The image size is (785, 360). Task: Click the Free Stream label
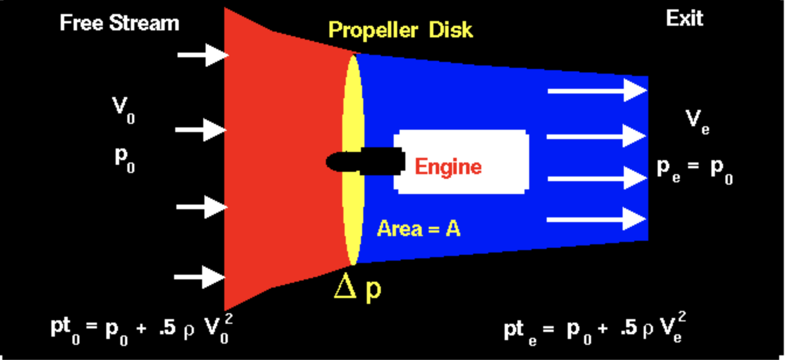click(119, 23)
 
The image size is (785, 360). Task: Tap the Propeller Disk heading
click(400, 30)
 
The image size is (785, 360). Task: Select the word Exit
click(685, 19)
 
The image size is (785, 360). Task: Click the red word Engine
click(448, 167)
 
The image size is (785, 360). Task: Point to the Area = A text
click(419, 229)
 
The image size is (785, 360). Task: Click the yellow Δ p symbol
click(357, 289)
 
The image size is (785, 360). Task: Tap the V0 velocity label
click(123, 109)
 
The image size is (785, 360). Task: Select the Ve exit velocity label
click(697, 120)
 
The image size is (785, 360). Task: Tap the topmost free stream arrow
click(202, 55)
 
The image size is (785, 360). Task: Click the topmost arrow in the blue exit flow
click(597, 91)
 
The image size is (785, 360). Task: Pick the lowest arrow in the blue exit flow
click(597, 219)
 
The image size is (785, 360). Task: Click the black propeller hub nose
click(336, 161)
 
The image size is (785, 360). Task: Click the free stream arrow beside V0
click(200, 129)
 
